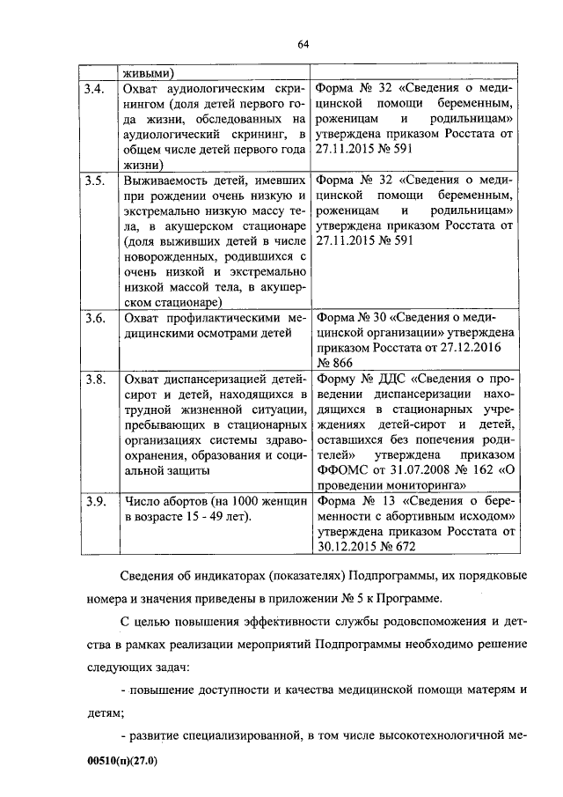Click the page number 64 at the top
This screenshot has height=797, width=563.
(303, 44)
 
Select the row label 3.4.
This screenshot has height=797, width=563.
(95, 88)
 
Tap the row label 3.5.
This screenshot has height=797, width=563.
(95, 181)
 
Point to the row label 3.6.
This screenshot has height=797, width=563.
(95, 319)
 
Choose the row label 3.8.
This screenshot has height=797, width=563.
(95, 380)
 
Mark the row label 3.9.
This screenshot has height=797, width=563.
(95, 501)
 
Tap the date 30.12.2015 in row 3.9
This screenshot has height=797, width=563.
(347, 547)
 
